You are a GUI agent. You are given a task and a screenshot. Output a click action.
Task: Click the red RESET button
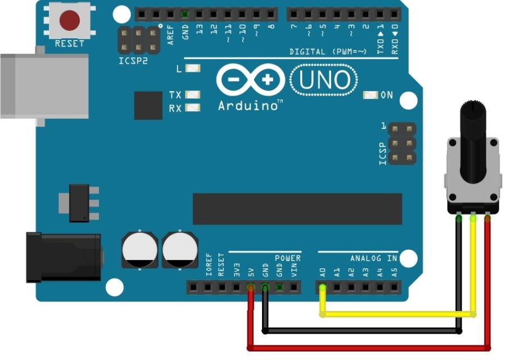70,21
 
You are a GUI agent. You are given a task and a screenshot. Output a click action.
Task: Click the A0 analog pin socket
322,288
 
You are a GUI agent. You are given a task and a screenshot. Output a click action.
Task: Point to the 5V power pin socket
251,288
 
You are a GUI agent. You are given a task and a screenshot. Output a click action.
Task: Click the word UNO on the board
323,80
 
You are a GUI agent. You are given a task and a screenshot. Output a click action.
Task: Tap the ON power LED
370,95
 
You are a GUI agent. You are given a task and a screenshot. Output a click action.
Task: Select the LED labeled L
193,69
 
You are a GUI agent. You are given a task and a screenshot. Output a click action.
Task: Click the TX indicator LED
193,95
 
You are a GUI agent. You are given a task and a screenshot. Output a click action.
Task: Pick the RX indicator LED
193,107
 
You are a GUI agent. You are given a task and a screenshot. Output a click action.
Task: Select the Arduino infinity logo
251,81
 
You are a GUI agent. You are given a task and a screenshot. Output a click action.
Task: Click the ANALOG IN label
373,259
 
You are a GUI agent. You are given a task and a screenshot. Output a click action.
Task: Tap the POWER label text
287,258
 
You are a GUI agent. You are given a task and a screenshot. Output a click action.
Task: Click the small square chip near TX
148,106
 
